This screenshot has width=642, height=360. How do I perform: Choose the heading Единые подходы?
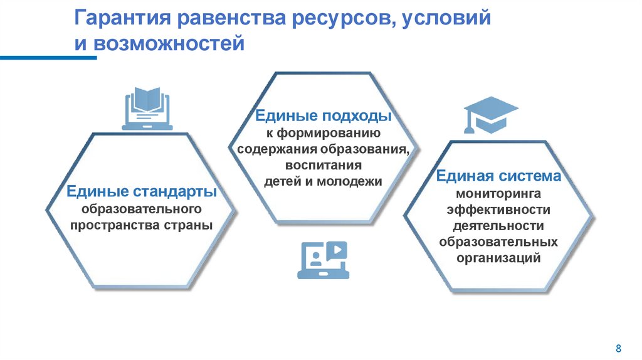coord(323,117)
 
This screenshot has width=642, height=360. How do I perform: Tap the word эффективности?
coord(499,209)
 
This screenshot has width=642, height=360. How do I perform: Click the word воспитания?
coord(324,166)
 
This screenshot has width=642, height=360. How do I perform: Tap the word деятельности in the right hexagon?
coord(499,226)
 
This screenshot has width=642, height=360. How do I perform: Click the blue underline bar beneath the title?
coord(48,58)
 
